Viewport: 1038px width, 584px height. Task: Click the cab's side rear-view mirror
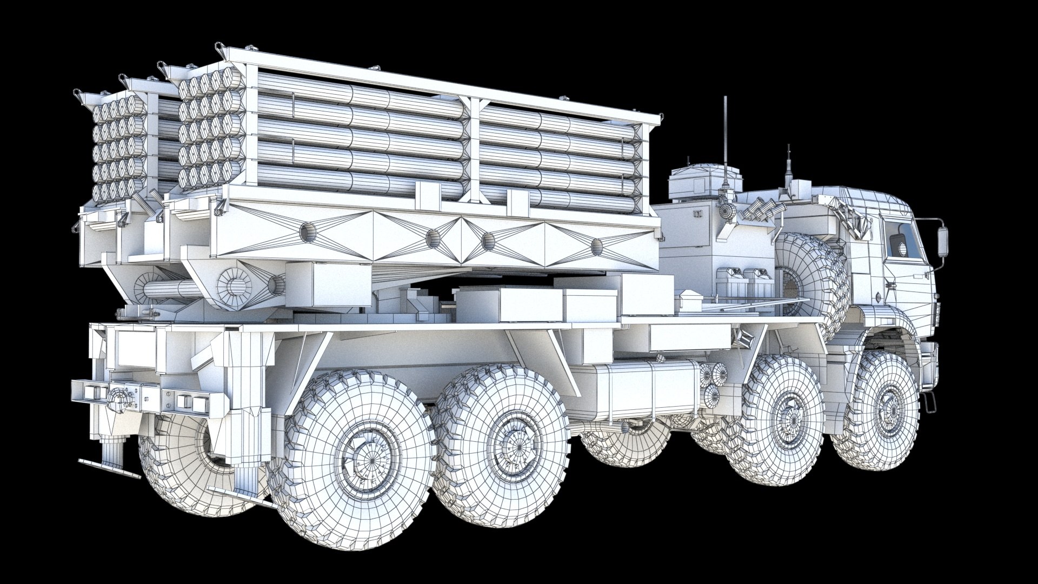coord(943,241)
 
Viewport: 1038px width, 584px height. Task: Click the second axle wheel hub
coord(785,414)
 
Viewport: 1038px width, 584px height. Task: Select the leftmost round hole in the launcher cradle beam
coord(307,233)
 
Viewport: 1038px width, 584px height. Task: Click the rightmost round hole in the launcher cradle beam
coord(596,247)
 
